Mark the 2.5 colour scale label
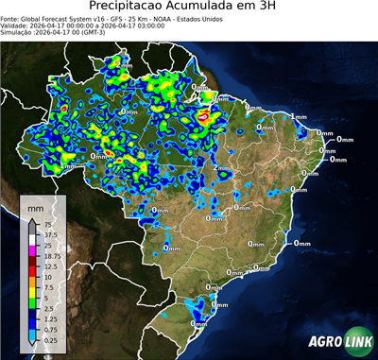[x=45, y=309]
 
